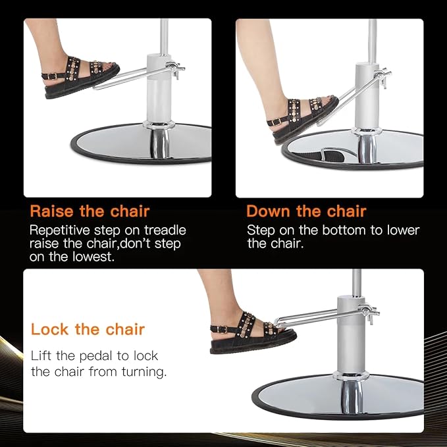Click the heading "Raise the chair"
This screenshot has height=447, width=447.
90,211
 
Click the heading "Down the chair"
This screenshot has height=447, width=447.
306,211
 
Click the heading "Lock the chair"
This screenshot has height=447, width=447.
88,329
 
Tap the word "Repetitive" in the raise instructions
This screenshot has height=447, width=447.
60,230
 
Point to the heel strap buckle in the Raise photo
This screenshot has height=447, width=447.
52,76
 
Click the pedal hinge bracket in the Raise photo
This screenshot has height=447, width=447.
175,69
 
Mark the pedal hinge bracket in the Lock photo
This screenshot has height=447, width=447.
369,313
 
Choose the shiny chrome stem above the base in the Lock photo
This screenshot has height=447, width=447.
352,396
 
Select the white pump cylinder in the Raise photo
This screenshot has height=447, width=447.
159,88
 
